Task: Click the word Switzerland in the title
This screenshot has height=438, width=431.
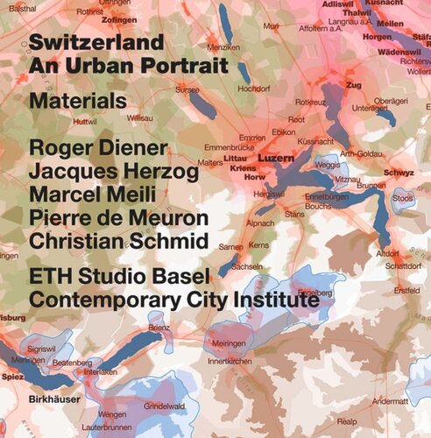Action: pyautogui.click(x=95, y=42)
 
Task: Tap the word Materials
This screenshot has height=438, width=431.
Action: pyautogui.click(x=77, y=102)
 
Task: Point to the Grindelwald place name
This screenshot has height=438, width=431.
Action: pyautogui.click(x=165, y=406)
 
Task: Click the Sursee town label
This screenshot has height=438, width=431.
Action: pyautogui.click(x=187, y=89)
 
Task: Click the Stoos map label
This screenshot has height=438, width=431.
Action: pyautogui.click(x=403, y=198)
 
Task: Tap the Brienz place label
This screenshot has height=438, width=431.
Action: pyautogui.click(x=159, y=327)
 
